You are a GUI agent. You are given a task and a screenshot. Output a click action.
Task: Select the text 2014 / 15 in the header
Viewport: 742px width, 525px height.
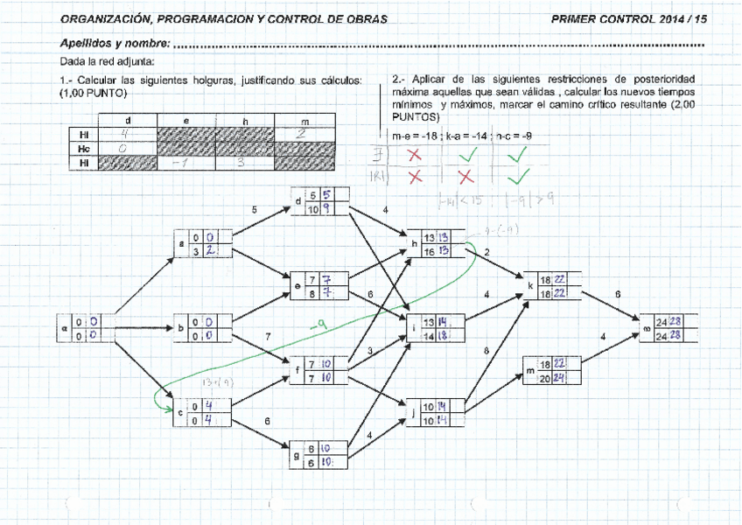681,18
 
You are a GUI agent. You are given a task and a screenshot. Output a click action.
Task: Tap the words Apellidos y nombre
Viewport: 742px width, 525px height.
115,43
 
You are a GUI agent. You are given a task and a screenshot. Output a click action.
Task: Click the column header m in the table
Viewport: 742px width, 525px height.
304,121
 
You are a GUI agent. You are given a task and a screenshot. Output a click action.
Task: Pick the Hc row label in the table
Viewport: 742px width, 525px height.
84,149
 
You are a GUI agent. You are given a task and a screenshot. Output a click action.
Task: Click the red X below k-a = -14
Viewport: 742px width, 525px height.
465,177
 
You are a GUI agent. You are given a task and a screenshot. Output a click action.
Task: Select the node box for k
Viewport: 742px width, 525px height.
550,287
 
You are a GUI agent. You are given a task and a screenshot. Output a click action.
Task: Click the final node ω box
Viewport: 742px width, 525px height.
670,328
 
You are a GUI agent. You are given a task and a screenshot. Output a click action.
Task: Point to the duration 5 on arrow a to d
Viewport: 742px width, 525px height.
254,210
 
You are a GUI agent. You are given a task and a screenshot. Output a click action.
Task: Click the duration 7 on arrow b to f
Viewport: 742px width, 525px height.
267,336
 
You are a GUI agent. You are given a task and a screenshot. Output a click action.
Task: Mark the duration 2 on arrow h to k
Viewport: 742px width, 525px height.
486,252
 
